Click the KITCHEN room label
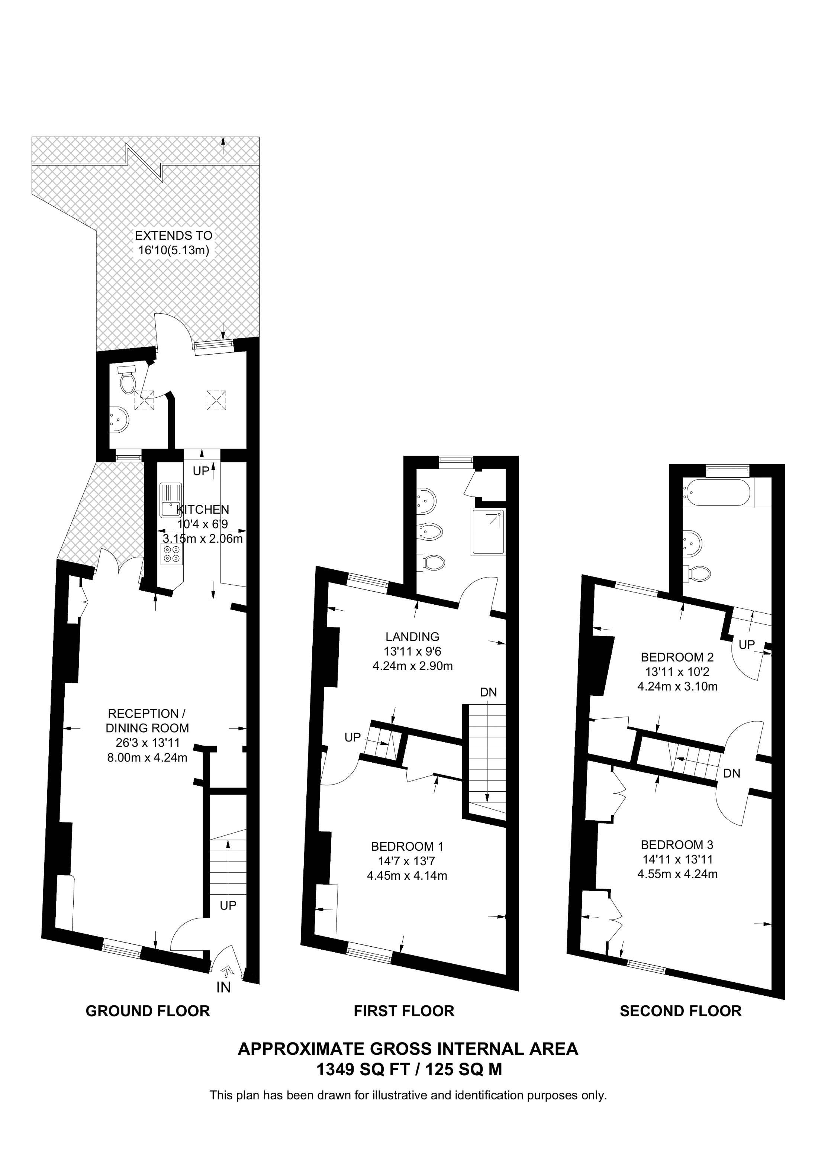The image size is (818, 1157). (203, 510)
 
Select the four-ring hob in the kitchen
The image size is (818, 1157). (171, 554)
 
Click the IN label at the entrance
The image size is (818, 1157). (223, 988)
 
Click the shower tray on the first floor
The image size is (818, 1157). (487, 531)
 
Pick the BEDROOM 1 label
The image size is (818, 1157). (407, 846)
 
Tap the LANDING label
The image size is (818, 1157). (412, 636)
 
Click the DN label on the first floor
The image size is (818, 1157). (488, 692)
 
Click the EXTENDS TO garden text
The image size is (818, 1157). (173, 235)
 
